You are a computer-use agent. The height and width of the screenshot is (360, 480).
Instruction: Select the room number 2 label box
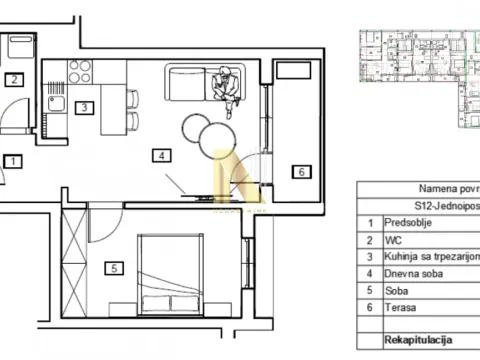14,81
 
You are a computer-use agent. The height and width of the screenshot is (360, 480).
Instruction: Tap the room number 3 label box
86,108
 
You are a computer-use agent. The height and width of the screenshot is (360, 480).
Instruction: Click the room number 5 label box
115,268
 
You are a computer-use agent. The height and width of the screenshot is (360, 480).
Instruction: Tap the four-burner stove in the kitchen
78,72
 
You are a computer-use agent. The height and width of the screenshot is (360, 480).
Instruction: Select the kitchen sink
54,103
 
